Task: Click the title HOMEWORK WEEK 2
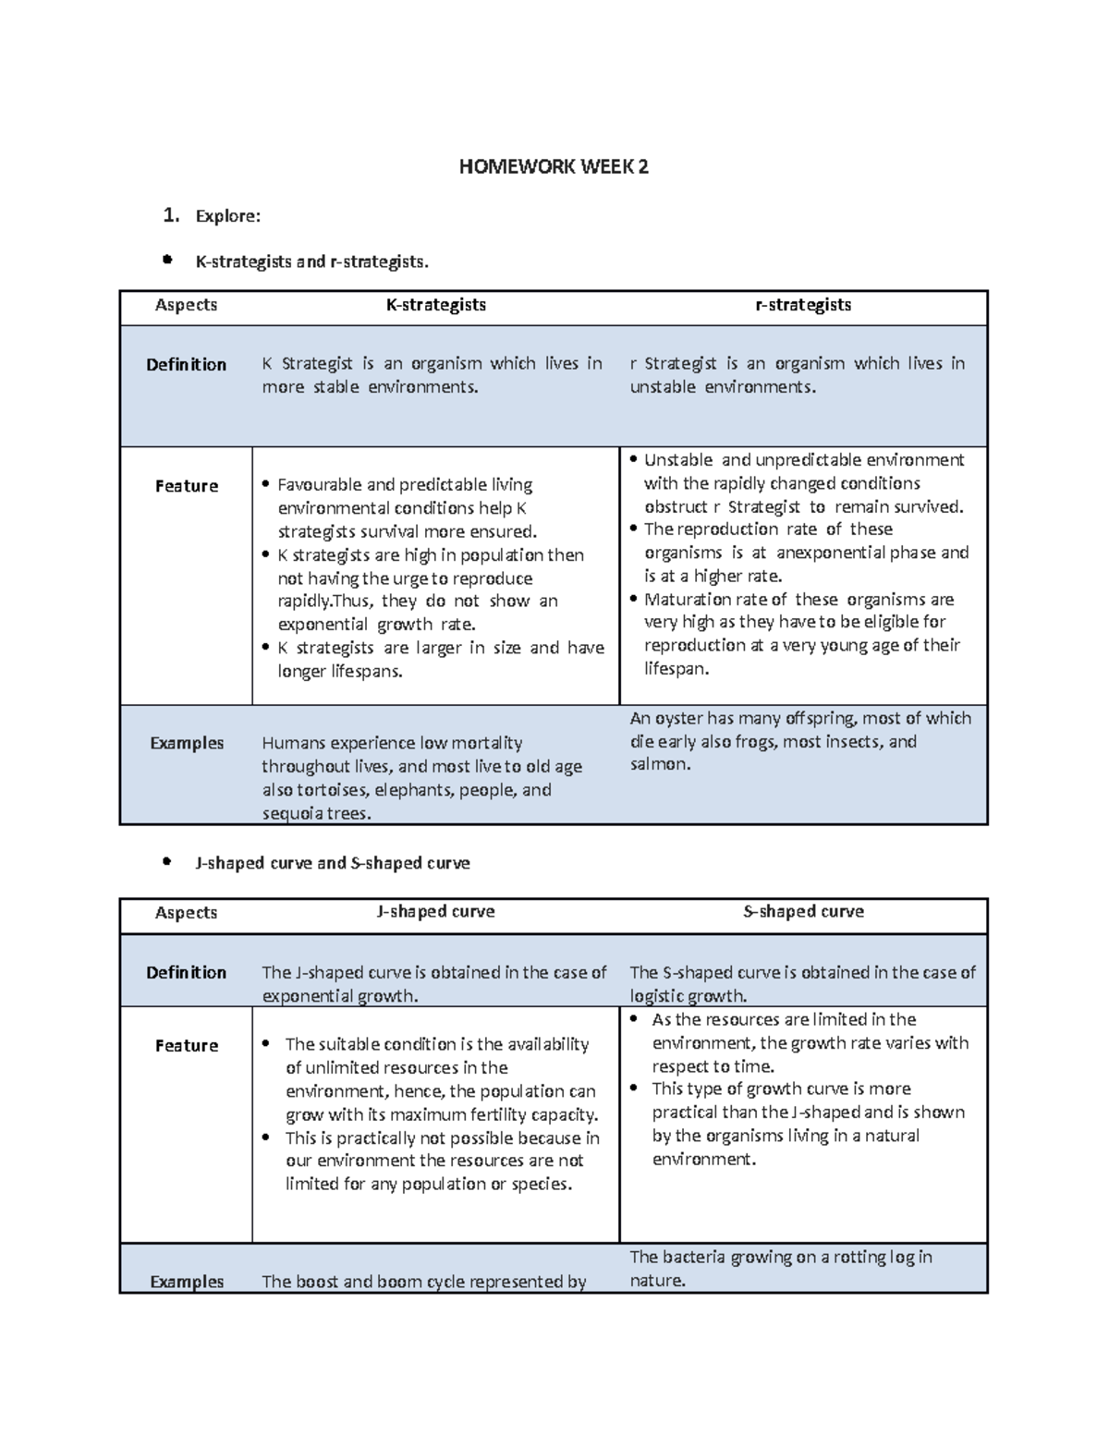click(554, 167)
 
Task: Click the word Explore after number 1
click(227, 216)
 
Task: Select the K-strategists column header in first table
click(435, 305)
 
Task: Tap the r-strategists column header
click(803, 305)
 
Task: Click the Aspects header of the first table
click(186, 305)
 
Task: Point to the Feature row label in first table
click(186, 486)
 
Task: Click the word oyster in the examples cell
click(681, 718)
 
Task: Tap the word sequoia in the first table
click(292, 814)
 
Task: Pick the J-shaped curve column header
click(435, 911)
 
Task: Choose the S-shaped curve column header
click(803, 911)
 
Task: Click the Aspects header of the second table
click(186, 913)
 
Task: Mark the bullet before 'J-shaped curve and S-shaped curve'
click(166, 861)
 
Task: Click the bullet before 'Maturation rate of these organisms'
click(634, 599)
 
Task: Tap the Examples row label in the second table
click(187, 1282)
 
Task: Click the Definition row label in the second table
click(186, 972)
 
